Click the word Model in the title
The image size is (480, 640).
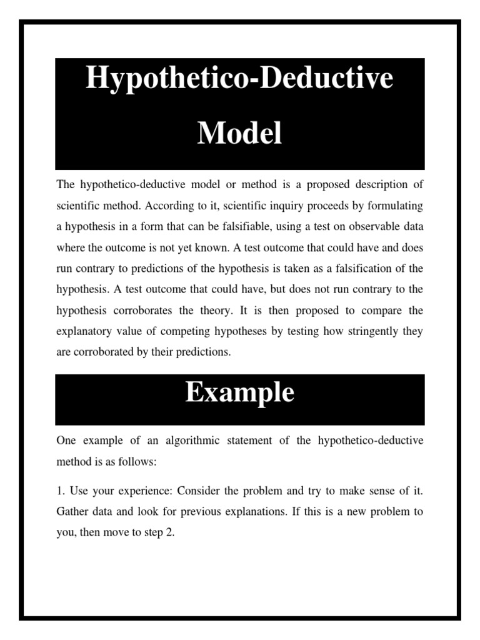coord(239,133)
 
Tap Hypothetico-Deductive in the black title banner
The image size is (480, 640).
coord(239,79)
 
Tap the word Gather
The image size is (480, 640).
coord(72,511)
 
